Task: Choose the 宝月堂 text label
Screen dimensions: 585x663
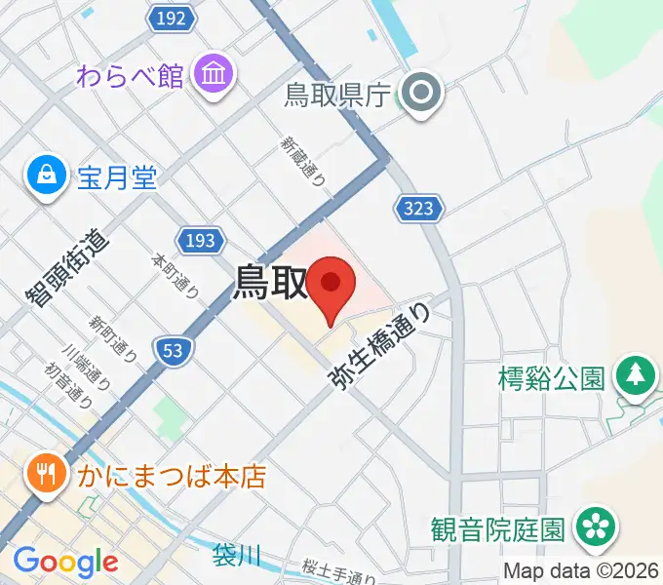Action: (117, 178)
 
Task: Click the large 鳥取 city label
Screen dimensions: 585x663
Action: (269, 284)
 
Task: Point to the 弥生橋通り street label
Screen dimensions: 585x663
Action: (381, 348)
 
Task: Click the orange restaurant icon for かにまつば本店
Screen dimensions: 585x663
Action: (45, 475)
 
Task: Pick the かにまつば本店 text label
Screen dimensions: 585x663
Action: (171, 478)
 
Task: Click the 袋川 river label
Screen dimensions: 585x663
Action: (238, 556)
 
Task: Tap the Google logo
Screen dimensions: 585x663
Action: (65, 562)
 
